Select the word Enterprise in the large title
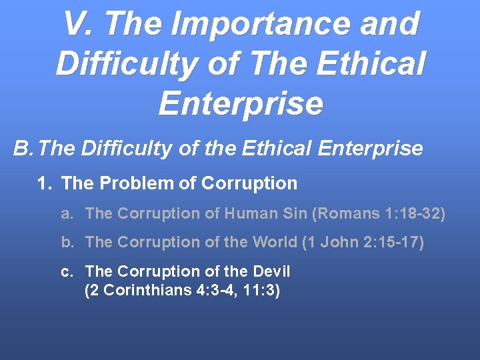(241, 104)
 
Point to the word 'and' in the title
(391, 24)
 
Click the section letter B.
(23, 148)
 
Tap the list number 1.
(45, 183)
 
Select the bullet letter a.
(67, 213)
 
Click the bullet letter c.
(67, 271)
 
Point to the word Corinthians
(147, 291)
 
